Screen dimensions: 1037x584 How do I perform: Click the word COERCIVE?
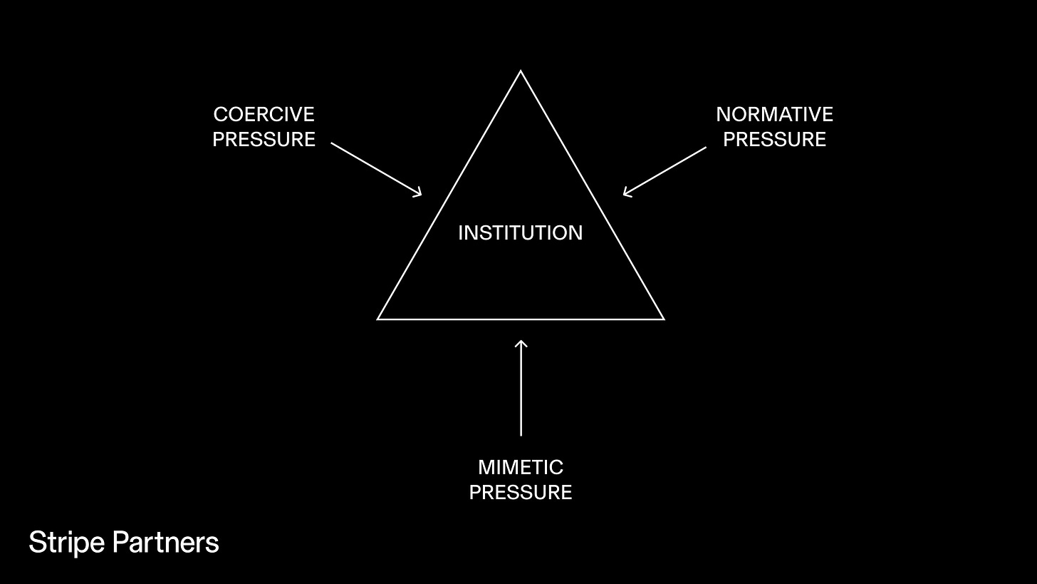tap(264, 114)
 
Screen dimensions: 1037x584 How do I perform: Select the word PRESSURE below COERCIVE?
tap(264, 139)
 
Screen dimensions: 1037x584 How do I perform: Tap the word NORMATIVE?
tap(774, 114)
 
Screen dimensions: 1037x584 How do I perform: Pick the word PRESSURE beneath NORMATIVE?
tap(774, 139)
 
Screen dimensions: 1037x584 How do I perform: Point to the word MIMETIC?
tap(521, 467)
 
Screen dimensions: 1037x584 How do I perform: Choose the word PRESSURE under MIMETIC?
tap(521, 492)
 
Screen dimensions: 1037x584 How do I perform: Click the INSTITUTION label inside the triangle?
tap(521, 232)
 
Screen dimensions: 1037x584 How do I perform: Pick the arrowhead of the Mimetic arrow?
tap(521, 344)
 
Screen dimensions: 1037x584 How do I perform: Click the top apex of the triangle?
tap(521, 71)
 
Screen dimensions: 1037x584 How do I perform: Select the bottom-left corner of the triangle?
tap(378, 319)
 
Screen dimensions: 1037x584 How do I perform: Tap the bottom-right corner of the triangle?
tap(663, 319)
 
